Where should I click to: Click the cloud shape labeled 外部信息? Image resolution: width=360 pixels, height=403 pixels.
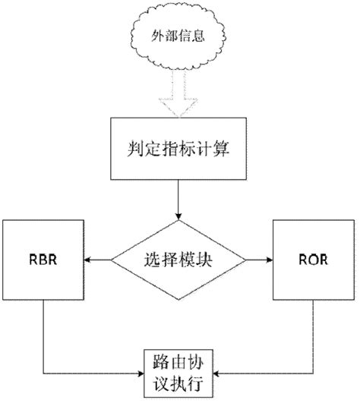pyautogui.click(x=178, y=37)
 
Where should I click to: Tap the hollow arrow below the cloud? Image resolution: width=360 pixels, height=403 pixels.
pyautogui.click(x=178, y=99)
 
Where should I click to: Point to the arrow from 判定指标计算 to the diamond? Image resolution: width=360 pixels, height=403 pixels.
pyautogui.click(x=178, y=202)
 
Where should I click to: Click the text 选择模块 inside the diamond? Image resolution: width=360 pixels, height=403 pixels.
pyautogui.click(x=178, y=260)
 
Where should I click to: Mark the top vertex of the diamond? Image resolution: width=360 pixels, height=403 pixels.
pyautogui.click(x=178, y=222)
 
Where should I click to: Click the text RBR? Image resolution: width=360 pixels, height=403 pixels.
pyautogui.click(x=43, y=259)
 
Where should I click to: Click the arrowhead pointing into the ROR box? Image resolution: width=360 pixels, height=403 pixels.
pyautogui.click(x=269, y=259)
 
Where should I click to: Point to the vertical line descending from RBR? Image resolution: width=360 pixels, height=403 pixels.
pyautogui.click(x=43, y=334)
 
